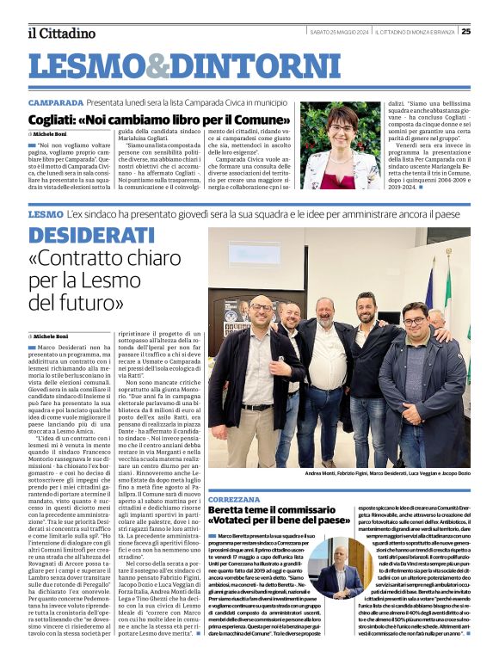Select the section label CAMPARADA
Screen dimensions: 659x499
coord(55,102)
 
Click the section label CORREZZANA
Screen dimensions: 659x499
coord(234,499)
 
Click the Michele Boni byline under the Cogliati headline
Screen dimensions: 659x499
coord(51,135)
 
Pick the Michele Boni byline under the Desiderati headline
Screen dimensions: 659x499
coord(51,335)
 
